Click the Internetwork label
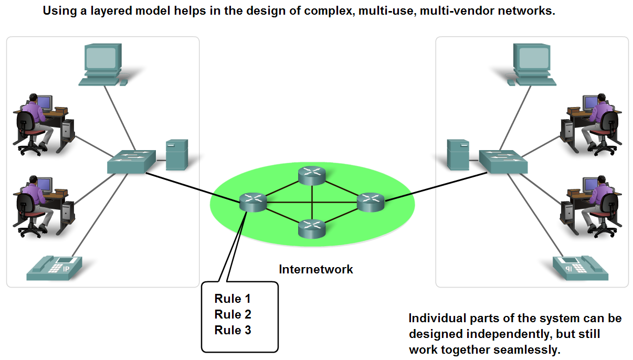pos(316,270)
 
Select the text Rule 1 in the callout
pos(233,299)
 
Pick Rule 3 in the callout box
pos(233,331)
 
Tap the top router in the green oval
pos(312,175)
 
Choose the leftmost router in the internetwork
pos(253,202)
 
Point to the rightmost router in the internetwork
pos(371,202)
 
